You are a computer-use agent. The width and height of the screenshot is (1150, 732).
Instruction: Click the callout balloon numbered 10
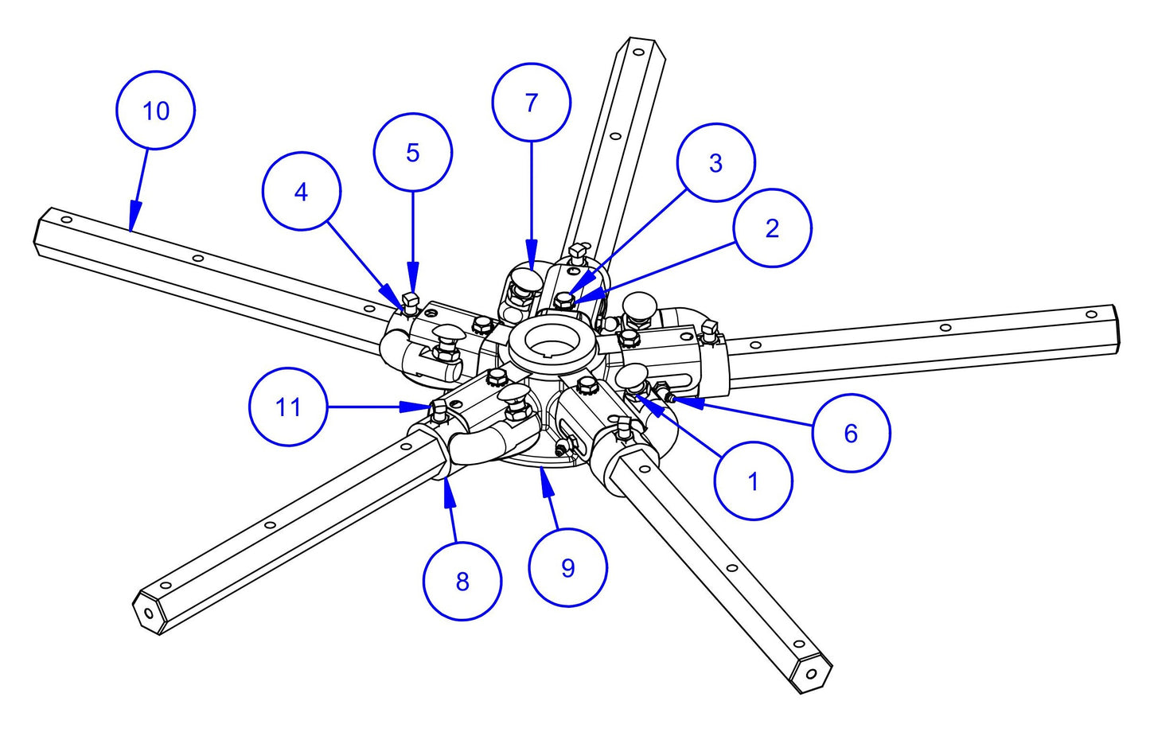tap(155, 111)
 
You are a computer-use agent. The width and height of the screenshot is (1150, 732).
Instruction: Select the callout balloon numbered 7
tap(531, 103)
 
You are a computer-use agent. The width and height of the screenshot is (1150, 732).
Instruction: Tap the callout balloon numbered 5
tap(412, 152)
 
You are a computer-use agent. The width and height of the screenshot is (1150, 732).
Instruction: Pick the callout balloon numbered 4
tap(301, 192)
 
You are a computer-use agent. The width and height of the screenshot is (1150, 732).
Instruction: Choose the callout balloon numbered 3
tap(715, 162)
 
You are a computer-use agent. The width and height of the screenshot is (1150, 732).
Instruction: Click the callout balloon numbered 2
tap(772, 228)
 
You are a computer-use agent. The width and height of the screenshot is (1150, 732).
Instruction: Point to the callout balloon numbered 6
tap(851, 433)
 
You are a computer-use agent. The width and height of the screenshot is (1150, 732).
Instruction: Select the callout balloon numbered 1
tap(753, 481)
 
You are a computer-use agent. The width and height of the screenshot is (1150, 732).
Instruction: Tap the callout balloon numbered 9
tap(567, 567)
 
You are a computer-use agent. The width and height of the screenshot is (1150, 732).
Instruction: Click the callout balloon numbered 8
tap(462, 582)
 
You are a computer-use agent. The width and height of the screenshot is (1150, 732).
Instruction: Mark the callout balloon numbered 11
tap(288, 407)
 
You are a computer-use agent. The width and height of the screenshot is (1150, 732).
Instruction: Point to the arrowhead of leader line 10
tap(133, 224)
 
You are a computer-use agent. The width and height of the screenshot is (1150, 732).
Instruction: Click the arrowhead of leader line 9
tap(543, 474)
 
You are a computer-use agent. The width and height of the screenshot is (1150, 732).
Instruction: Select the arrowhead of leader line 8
tap(447, 484)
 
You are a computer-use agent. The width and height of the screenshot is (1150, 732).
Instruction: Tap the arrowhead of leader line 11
tap(427, 407)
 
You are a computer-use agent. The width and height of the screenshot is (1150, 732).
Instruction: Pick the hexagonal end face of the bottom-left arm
tap(149, 612)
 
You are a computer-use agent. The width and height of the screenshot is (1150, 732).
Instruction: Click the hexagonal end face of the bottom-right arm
tap(811, 673)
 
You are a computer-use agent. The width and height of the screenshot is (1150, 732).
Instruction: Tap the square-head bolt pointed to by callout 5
tap(411, 300)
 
